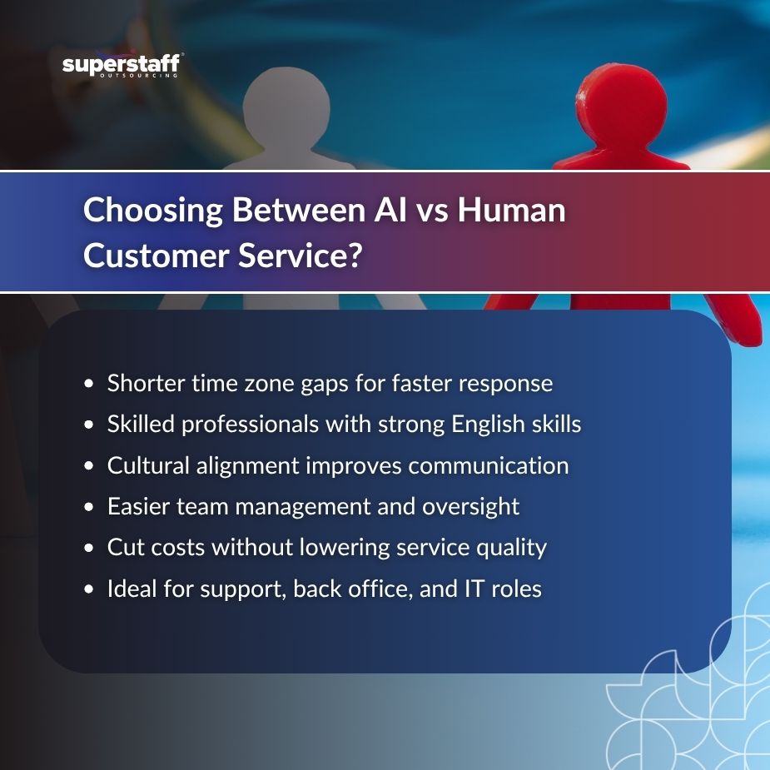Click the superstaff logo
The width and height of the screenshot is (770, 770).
click(122, 65)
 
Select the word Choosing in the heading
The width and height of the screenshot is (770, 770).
click(153, 210)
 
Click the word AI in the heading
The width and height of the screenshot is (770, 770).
click(390, 210)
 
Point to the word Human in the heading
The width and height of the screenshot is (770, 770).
click(512, 210)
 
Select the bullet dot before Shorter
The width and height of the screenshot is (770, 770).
click(88, 384)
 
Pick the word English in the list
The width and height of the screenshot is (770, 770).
click(488, 425)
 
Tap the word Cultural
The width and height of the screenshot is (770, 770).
click(148, 465)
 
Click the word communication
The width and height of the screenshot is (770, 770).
click(489, 465)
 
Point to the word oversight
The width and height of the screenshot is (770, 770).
click(470, 507)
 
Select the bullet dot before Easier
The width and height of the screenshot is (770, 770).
click(88, 507)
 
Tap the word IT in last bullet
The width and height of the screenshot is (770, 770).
click(474, 589)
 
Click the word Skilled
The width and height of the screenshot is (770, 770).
click(141, 424)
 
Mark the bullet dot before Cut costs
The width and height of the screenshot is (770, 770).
click(88, 548)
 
